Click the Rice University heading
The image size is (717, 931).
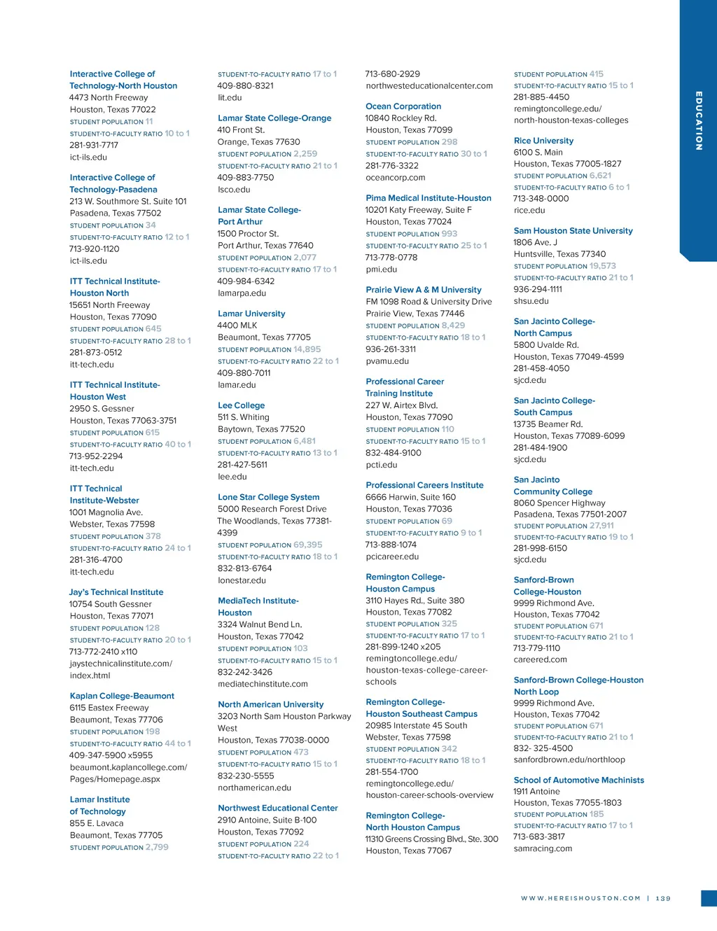[543, 141]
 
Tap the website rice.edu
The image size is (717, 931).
[529, 210]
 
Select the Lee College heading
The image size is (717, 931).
[241, 405]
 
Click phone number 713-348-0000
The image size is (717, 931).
[541, 199]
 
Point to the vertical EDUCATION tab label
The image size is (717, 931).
[698, 120]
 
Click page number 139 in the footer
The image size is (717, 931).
[663, 898]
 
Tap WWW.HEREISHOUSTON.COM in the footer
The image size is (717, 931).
[580, 898]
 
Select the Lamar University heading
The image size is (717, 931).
[251, 314]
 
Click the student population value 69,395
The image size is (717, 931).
[308, 545]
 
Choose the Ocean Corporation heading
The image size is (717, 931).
[403, 106]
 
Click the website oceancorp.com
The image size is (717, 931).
[395, 178]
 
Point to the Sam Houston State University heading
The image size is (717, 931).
[573, 231]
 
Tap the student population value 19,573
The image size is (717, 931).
[603, 266]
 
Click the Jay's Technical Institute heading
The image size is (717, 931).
[116, 592]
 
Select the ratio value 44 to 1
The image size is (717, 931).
[178, 743]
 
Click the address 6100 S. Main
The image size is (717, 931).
[538, 152]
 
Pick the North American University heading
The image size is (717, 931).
[270, 704]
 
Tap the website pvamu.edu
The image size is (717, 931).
[387, 361]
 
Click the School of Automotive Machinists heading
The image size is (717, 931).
[578, 780]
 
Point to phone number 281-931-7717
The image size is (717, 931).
[94, 146]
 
